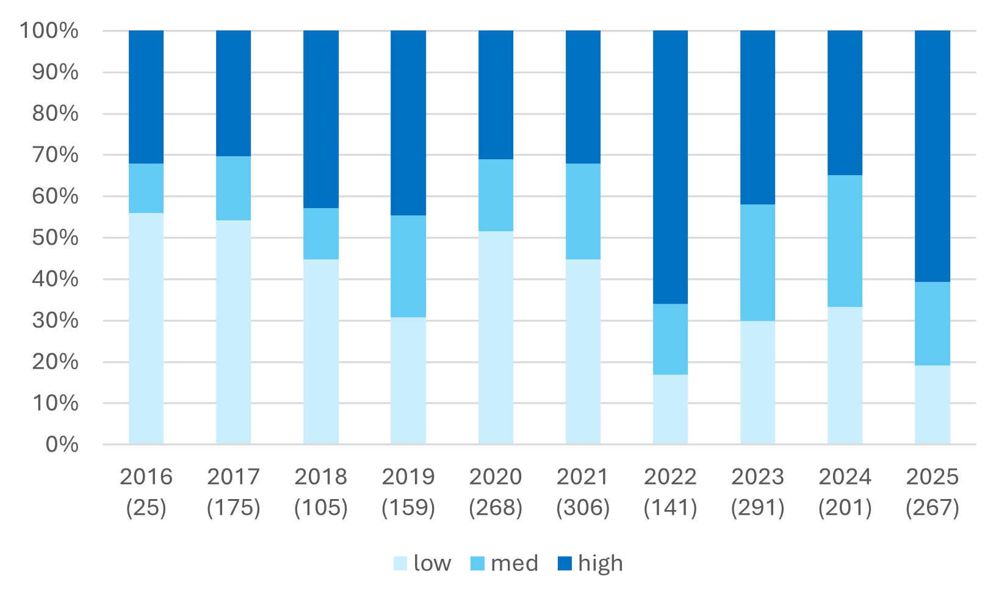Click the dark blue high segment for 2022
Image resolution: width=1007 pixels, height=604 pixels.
[670, 167]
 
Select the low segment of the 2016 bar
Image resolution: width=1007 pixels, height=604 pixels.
[146, 328]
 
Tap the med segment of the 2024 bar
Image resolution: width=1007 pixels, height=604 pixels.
[845, 241]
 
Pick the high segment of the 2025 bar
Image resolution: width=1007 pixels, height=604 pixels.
[932, 156]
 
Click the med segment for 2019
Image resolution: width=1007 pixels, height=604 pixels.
[408, 266]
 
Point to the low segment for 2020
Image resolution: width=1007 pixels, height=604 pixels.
[496, 337]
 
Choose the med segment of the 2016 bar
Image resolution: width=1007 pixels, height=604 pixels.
[146, 188]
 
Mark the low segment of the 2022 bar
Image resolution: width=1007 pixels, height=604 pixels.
[670, 409]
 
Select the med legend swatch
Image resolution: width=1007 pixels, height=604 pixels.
[477, 563]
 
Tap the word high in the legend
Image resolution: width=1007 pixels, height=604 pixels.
[600, 563]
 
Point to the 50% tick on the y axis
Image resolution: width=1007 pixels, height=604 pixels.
[55, 238]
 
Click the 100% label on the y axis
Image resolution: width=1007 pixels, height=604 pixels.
[49, 31]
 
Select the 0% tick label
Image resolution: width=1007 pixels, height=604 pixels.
[62, 444]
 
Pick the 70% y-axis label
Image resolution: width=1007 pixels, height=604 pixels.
[55, 155]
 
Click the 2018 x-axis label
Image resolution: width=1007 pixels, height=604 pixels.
[320, 476]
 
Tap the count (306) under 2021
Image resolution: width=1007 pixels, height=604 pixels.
[583, 508]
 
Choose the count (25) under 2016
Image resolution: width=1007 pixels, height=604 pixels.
[146, 508]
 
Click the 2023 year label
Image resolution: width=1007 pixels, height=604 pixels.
[757, 476]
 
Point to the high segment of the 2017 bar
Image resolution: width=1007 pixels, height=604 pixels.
[234, 93]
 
